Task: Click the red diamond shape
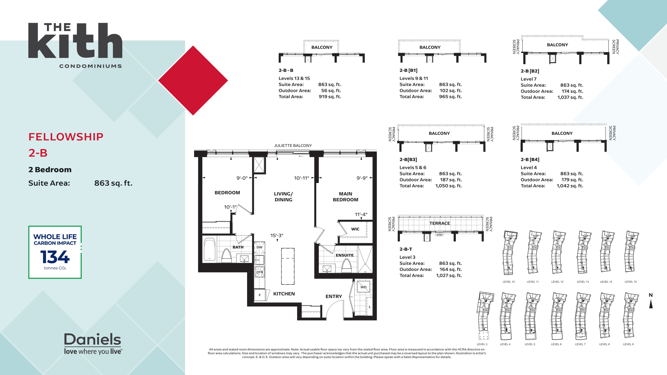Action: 193,80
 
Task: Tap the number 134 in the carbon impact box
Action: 55,257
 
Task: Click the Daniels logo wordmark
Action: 92,339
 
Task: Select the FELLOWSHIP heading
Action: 66,137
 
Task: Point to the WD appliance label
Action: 363,287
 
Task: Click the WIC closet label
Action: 355,229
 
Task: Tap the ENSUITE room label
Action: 344,255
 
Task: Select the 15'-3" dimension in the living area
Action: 277,235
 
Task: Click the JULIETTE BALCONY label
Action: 293,145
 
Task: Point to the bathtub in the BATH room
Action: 209,249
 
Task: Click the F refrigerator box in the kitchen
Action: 260,295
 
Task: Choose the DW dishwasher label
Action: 260,247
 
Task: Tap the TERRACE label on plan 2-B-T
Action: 439,223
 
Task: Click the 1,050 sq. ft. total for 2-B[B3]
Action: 449,186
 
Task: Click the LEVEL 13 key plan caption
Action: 583,282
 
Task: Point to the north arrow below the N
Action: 651,305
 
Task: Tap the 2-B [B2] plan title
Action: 530,71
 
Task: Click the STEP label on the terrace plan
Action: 439,235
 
